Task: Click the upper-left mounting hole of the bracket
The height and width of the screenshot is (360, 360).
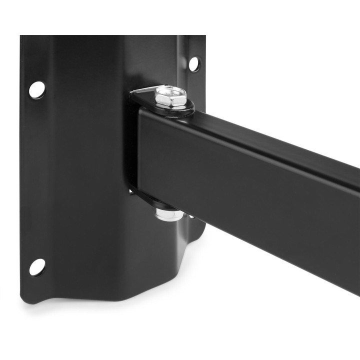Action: pos(36,89)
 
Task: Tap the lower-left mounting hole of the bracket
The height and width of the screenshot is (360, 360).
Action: pos(36,266)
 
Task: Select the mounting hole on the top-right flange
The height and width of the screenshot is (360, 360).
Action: pos(193,63)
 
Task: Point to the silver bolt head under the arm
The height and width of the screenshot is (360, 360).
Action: pos(169,215)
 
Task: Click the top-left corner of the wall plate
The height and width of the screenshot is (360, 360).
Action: pos(22,38)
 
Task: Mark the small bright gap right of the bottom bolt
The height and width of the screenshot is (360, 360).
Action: pos(191,216)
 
